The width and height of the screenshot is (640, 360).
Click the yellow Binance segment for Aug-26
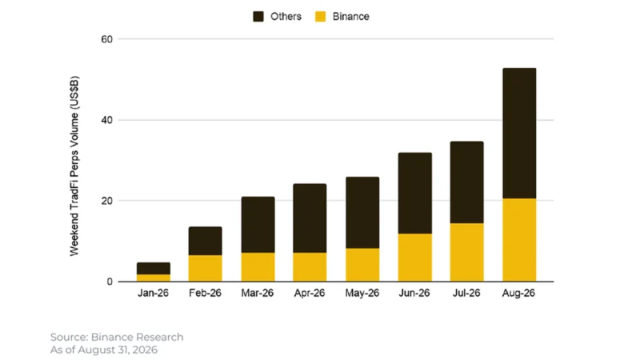click(519, 240)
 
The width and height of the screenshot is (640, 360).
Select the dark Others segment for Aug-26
click(519, 134)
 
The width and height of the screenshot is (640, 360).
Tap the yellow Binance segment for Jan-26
click(154, 278)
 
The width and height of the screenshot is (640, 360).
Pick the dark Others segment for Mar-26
click(258, 225)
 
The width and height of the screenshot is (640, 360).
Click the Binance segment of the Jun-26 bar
click(414, 258)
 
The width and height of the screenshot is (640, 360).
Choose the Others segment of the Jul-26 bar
click(467, 182)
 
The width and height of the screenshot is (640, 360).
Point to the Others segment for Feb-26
click(206, 242)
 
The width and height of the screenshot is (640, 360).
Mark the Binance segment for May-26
click(362, 265)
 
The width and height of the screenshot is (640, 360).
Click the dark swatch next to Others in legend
click(258, 16)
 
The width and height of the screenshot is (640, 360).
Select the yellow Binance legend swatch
click(321, 16)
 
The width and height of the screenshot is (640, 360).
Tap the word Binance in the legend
click(350, 16)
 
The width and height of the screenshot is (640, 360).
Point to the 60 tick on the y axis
click(107, 39)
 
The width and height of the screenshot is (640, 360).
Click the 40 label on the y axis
click(107, 121)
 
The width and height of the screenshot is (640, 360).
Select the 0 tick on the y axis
click(110, 282)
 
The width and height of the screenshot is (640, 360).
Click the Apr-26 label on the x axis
click(310, 293)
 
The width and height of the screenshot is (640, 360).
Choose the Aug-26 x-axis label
click(518, 293)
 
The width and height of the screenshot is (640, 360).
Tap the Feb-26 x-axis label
click(205, 293)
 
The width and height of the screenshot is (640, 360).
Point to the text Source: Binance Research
click(117, 337)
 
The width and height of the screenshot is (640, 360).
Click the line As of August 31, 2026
click(104, 350)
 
